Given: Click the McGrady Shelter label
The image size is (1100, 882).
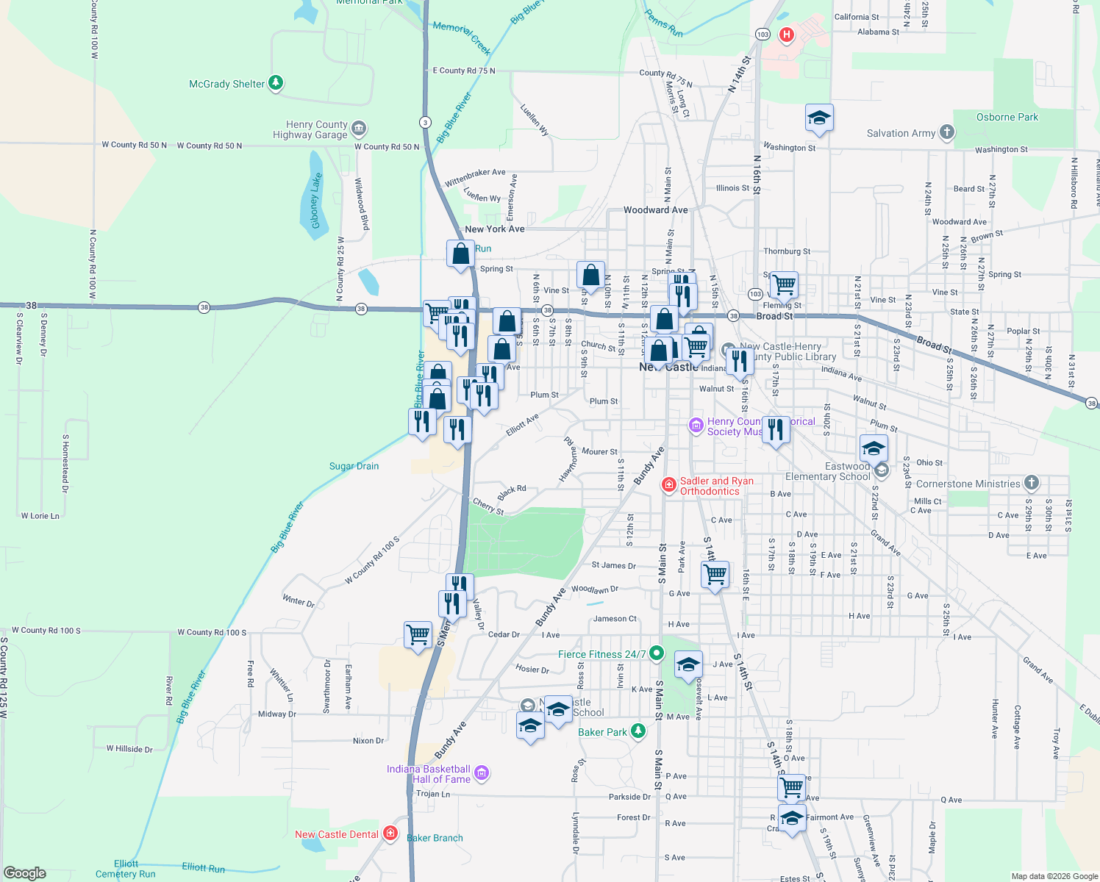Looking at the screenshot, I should click(x=226, y=84).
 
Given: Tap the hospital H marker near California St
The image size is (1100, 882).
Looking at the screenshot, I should click(x=787, y=34).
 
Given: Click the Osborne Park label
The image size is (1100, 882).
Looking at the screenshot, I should click(x=1007, y=117).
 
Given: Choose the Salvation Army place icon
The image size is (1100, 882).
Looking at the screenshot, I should click(x=946, y=132).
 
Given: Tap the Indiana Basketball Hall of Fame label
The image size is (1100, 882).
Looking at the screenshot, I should click(x=429, y=774).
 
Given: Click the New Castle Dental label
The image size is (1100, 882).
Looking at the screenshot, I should click(x=337, y=834).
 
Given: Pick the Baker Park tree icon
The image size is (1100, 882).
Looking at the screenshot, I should click(x=638, y=731).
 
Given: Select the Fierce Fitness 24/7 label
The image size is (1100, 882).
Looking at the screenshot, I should click(x=601, y=654).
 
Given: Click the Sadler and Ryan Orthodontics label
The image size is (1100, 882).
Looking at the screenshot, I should click(x=716, y=486).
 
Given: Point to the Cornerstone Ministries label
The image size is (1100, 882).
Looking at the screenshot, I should click(x=968, y=484).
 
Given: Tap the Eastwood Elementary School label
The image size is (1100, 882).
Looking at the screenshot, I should click(x=828, y=471).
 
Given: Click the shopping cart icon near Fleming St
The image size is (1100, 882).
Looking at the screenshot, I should click(x=784, y=284).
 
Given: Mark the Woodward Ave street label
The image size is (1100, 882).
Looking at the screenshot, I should click(x=655, y=209).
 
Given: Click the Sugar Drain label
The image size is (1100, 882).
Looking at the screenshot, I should click(x=354, y=466).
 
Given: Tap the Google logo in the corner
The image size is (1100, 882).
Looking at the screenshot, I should click(x=25, y=873).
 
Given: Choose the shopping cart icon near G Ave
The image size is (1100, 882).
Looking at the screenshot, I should click(x=715, y=573).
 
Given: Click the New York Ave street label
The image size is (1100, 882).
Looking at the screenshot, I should click(x=494, y=229).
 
